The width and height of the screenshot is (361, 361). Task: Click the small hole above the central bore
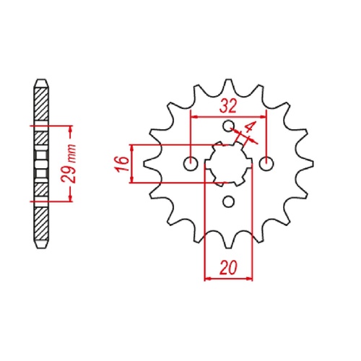228,128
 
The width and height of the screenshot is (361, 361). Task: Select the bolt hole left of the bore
191,164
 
